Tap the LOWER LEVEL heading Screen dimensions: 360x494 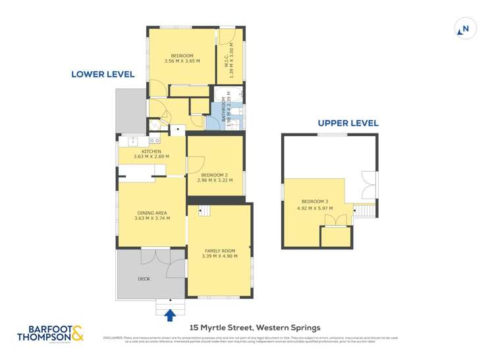(x=103, y=74)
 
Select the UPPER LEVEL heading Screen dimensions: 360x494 (x=348, y=123)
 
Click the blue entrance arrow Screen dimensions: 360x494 (x=171, y=315)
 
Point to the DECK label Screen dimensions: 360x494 (x=144, y=278)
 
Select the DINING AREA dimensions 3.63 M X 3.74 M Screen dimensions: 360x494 (x=151, y=219)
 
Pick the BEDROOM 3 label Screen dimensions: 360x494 (x=314, y=201)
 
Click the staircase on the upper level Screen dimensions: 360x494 (x=364, y=211)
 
